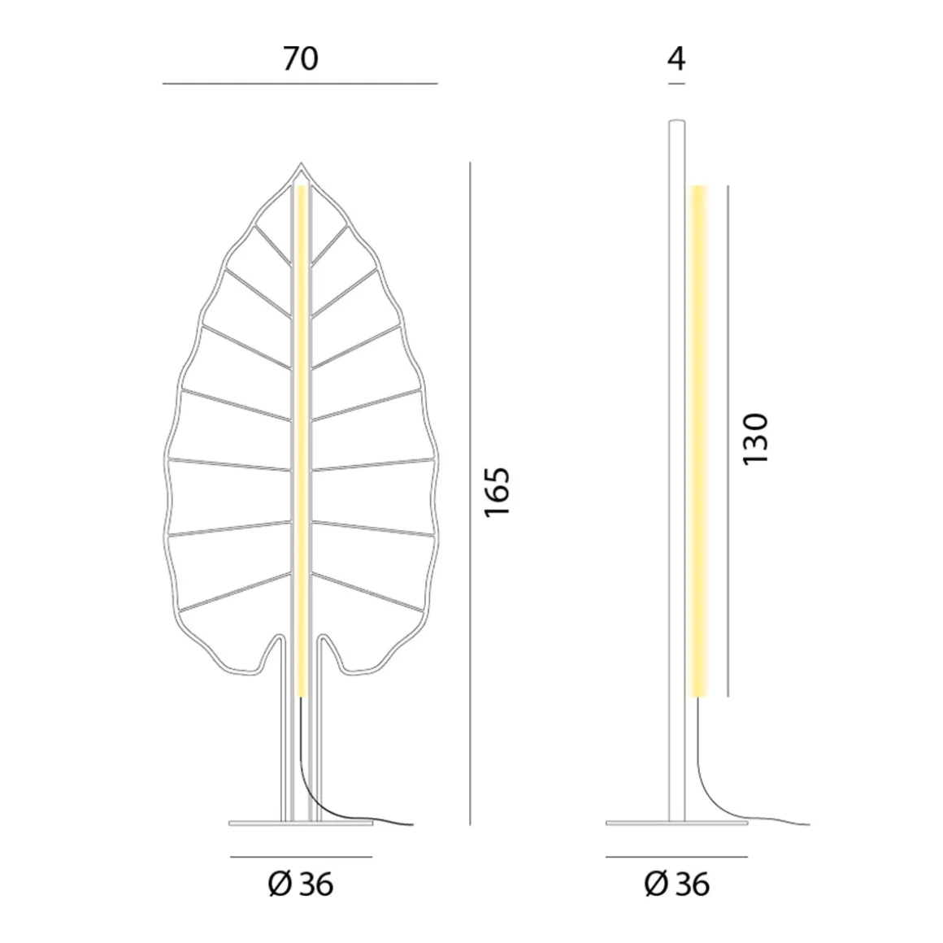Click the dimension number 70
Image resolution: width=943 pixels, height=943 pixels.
(x=300, y=59)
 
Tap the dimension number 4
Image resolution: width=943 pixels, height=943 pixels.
(x=676, y=59)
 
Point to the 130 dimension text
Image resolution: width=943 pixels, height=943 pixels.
(x=755, y=439)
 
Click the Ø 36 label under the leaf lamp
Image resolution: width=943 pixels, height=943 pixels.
(x=301, y=884)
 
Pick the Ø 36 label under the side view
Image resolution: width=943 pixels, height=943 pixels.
(x=676, y=884)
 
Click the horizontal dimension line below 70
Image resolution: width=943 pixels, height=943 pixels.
(x=300, y=84)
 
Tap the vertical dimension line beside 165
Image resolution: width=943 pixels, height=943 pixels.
(x=470, y=488)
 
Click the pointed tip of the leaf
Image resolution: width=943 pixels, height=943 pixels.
(x=301, y=166)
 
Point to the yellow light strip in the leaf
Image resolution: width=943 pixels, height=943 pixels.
(x=302, y=439)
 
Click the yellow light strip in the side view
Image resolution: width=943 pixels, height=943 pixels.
(x=697, y=439)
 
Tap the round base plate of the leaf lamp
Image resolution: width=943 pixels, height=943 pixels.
(x=301, y=823)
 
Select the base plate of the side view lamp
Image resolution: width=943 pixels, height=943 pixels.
(x=676, y=823)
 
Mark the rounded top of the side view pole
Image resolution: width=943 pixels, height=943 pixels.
(x=676, y=124)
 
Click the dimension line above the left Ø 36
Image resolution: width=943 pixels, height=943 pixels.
(x=301, y=856)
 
